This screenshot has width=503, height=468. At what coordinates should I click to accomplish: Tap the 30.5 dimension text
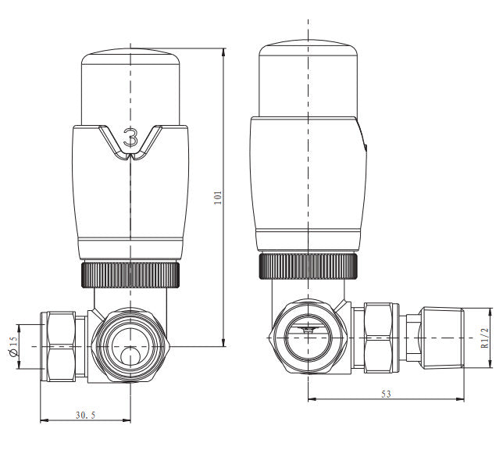coord(85,415)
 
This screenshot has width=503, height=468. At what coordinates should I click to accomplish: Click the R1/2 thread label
coord(484,336)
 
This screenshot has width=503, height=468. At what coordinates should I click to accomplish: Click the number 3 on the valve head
coord(130,139)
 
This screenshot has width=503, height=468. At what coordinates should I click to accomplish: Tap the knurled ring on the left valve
coord(130,273)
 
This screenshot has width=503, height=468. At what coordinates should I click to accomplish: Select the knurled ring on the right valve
coord(309,266)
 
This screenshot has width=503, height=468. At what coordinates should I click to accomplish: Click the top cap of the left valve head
coord(130,82)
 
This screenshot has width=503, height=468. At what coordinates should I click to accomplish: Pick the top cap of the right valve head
coord(309,74)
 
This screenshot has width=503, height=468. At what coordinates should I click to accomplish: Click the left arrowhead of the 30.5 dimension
coord(42,421)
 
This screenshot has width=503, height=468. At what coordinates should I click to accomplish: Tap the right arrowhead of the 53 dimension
coord(461,399)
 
